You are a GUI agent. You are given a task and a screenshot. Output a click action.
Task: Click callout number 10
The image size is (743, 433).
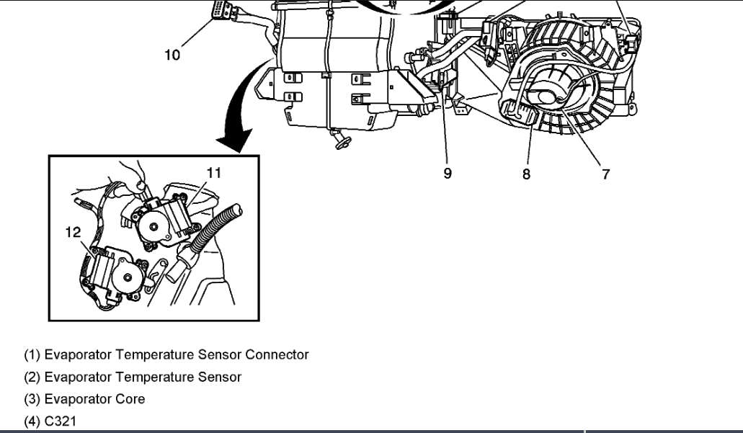coord(172,54)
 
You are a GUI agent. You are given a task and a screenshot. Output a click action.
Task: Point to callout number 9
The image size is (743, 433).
coord(448,174)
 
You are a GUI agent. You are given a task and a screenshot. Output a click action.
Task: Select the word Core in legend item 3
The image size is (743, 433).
coord(132,399)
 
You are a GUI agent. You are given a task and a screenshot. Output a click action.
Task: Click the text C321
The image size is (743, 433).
coord(60,421)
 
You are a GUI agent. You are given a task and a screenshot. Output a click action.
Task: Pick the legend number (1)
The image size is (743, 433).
coord(32,355)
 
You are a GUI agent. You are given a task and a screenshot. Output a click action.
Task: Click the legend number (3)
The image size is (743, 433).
coord(32,399)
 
